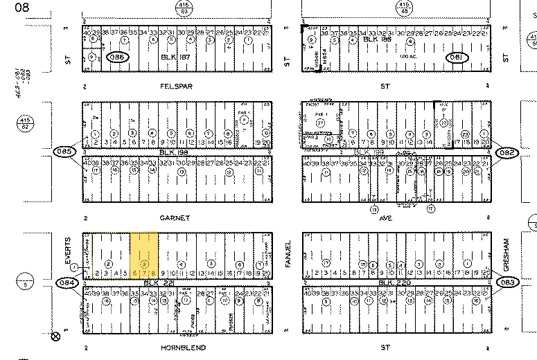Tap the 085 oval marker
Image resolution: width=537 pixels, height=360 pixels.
64,151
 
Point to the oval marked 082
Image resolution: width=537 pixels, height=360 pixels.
507,151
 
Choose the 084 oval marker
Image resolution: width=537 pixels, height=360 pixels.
67,282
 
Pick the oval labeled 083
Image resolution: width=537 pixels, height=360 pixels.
508,282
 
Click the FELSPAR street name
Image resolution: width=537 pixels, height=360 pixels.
175,87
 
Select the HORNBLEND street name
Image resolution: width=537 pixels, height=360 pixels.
182,347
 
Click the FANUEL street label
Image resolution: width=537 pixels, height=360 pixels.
288,251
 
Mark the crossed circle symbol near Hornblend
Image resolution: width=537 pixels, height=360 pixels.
56,337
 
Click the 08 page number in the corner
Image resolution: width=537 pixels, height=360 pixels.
12,7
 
